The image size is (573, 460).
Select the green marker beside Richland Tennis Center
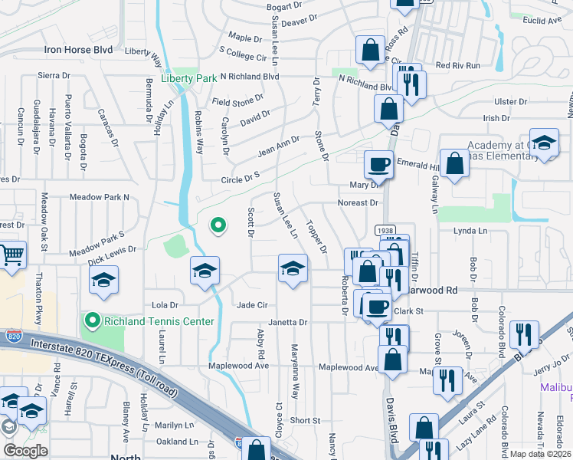pos(92,320)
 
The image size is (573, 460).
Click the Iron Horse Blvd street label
pos(78,49)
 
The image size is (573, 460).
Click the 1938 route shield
pos(385,230)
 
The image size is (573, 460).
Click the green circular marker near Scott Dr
pos(218,225)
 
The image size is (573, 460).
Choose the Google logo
pos(26,451)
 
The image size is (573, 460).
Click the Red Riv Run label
pos(457,66)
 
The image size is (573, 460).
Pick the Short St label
pos(304,421)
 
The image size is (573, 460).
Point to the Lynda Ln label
pos(470,231)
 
